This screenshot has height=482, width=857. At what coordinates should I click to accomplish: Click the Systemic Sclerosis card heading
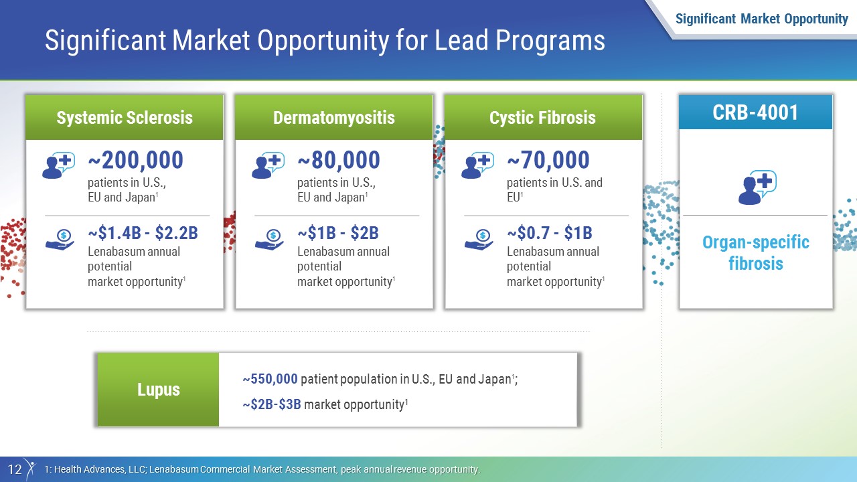(125, 117)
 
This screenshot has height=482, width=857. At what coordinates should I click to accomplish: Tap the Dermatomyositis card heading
(334, 117)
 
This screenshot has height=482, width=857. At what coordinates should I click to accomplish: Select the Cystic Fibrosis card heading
(542, 117)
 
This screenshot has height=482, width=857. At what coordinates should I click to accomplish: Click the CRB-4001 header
(755, 112)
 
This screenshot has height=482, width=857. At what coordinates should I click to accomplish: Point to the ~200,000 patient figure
(136, 160)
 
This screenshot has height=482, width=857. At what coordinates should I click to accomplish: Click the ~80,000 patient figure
(339, 160)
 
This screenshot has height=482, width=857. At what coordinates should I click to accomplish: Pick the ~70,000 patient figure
(548, 160)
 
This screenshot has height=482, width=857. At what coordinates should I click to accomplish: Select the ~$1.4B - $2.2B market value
(143, 232)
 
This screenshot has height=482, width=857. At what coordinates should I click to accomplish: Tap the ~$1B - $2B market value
(338, 232)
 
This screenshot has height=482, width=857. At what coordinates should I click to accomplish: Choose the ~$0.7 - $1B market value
(550, 232)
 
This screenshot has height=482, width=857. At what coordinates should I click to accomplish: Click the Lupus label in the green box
(159, 390)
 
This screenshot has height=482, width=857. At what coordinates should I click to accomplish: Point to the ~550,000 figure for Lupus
(270, 379)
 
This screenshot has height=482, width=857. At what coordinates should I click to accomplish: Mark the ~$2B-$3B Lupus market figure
(272, 404)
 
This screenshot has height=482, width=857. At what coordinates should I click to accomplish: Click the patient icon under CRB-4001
(757, 187)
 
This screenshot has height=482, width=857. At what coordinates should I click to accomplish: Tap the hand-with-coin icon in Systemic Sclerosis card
(60, 240)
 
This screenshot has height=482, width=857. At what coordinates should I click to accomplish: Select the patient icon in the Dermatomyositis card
(268, 165)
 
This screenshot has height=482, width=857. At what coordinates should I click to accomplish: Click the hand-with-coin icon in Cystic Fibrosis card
(479, 240)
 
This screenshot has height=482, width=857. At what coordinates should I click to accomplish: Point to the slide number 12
(15, 469)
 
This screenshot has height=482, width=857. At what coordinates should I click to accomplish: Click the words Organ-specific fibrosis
(756, 253)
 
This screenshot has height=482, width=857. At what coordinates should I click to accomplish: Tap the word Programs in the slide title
(550, 41)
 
